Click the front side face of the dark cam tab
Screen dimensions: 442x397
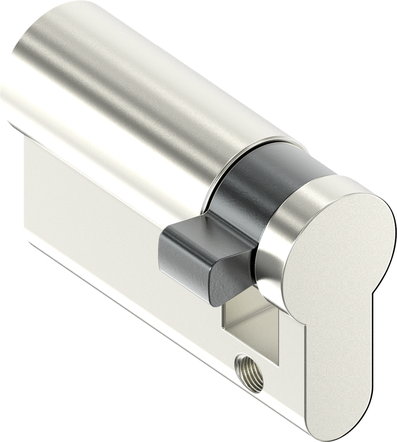click(181, 259)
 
